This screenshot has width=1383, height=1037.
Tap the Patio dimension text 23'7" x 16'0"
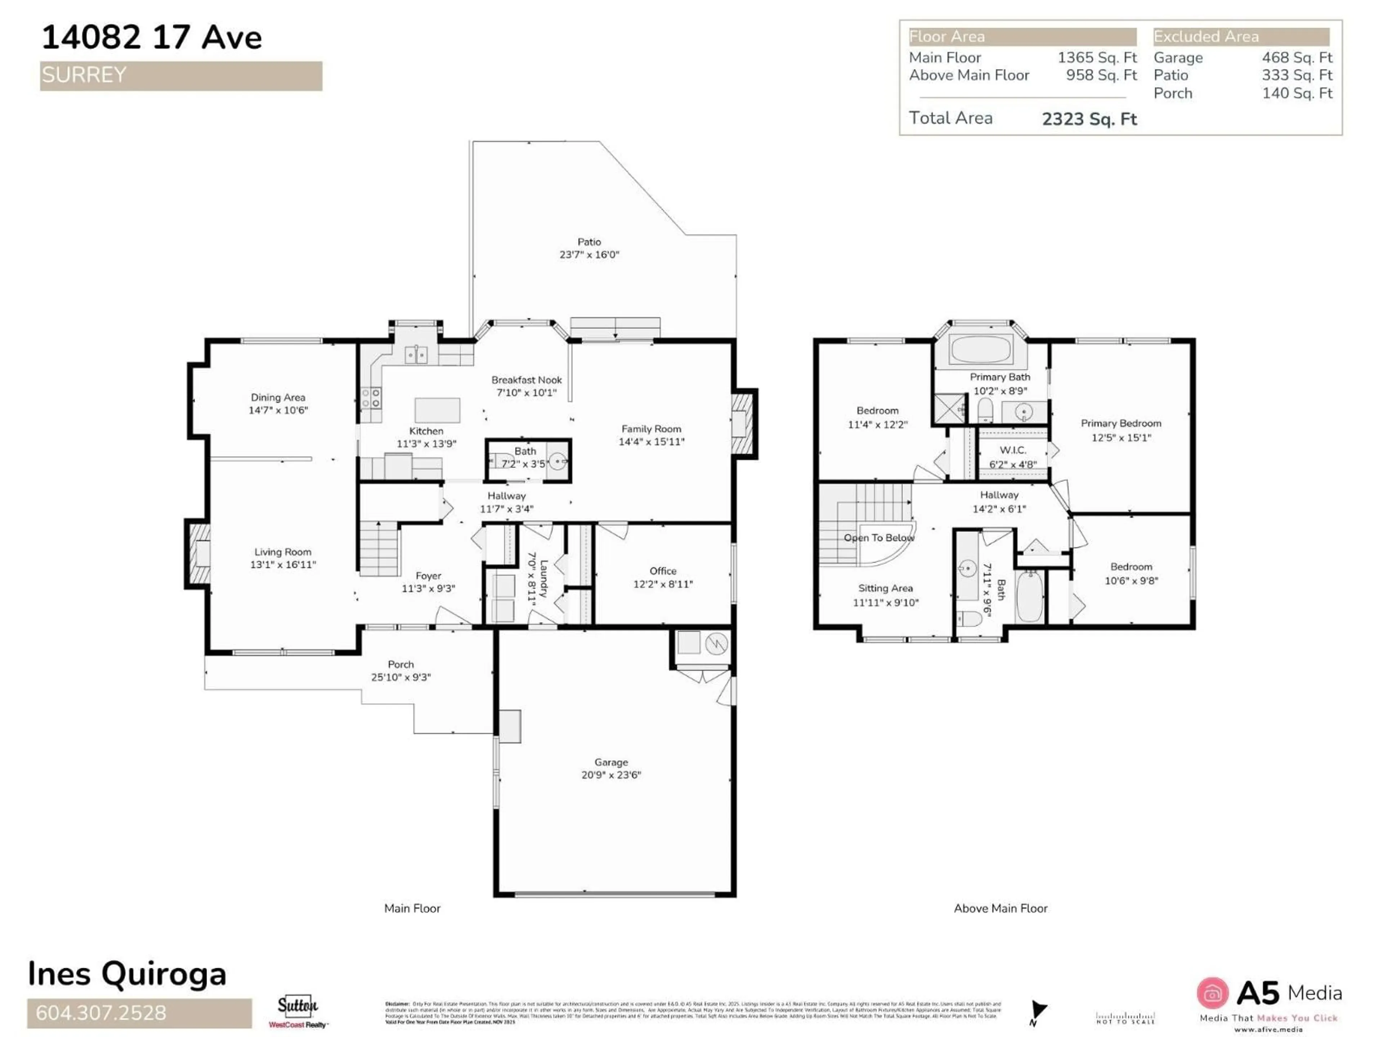click(x=589, y=255)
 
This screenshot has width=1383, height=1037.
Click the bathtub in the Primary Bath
click(x=980, y=349)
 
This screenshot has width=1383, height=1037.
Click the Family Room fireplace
click(x=743, y=423)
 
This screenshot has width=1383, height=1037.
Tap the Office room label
click(x=663, y=571)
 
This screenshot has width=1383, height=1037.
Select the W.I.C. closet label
click(x=1012, y=450)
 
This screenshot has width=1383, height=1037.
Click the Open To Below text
click(x=878, y=538)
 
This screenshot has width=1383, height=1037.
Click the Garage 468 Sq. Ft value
click(x=1297, y=58)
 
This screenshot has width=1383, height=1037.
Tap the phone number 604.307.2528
click(x=101, y=1013)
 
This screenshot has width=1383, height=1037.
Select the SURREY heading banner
click(x=181, y=76)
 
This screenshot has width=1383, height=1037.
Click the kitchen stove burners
click(x=371, y=398)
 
